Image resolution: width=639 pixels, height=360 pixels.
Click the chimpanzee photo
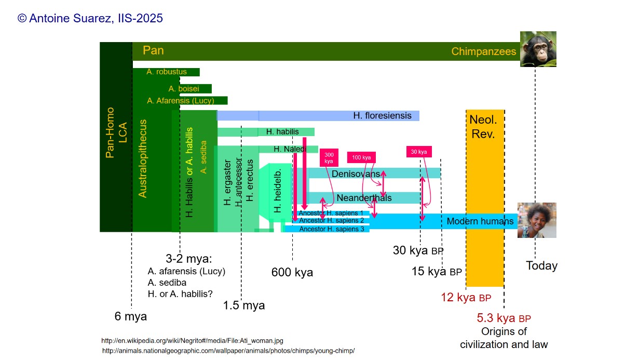click(538, 49)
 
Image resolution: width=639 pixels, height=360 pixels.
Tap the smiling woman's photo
click(537, 220)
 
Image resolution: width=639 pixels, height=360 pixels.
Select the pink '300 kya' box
click(329, 158)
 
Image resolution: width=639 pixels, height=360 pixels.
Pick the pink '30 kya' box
click(418, 152)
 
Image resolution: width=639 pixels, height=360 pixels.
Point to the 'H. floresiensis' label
click(382, 116)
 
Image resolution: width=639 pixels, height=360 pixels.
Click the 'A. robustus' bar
click(166, 72)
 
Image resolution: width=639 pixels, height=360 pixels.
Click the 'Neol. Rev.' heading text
click(483, 127)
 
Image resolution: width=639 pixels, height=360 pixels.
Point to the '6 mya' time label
click(131, 316)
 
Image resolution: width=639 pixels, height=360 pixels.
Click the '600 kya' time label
click(292, 272)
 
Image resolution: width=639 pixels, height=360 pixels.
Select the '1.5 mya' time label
click(244, 305)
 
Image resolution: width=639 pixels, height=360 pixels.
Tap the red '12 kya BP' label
click(466, 298)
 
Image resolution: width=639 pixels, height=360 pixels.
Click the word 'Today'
click(541, 266)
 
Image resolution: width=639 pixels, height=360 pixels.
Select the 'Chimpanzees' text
click(484, 51)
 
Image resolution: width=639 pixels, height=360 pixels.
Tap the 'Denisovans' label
click(356, 174)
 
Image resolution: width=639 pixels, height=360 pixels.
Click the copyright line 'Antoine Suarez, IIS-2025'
click(90, 18)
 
